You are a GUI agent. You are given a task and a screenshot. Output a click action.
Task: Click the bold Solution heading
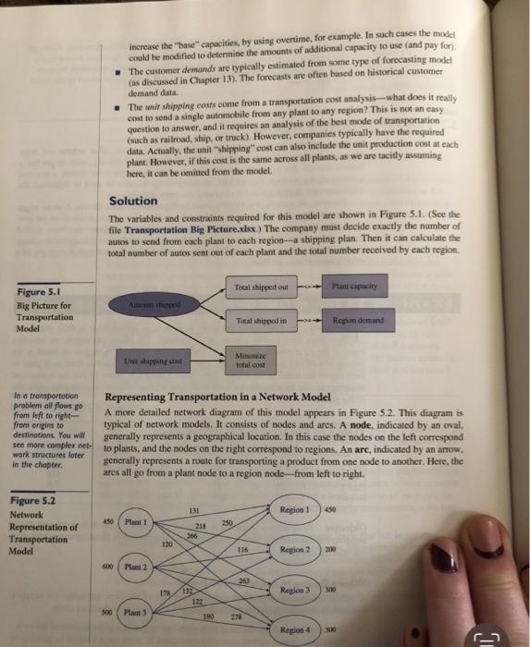click(134, 201)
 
